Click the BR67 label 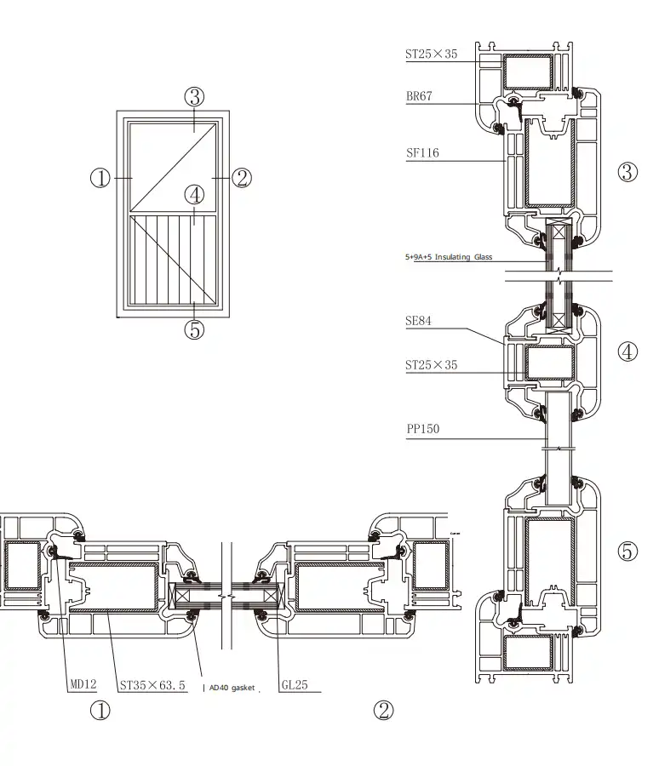point(418,96)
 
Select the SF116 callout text point(421,153)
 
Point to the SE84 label point(418,322)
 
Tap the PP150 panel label point(421,429)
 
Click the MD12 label point(83,684)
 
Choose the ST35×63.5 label point(152,684)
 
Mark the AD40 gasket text point(231,688)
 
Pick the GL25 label point(294,684)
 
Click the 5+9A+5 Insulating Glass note point(449,257)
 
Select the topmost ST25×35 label point(431,54)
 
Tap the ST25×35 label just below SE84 point(431,365)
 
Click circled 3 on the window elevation point(195,96)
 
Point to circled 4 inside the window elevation point(195,195)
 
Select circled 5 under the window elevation point(195,329)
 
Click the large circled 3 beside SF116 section point(627,172)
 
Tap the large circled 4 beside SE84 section point(627,351)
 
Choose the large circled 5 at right point(627,552)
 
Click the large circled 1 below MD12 point(100,711)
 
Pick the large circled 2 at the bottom point(384,711)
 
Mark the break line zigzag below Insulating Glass point(559,276)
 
